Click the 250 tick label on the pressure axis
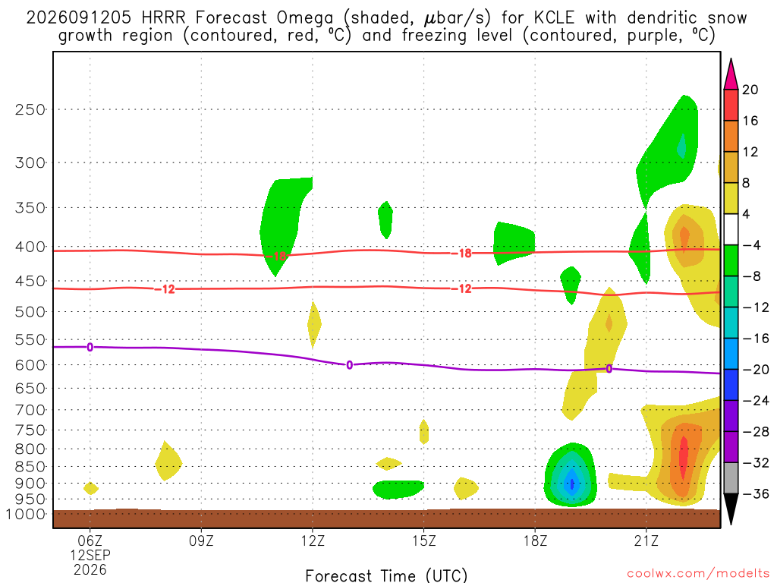click(x=30, y=109)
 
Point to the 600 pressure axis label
click(x=30, y=365)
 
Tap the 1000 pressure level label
click(x=27, y=514)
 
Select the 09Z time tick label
click(x=201, y=540)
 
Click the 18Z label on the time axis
click(x=535, y=540)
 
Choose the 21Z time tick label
click(x=646, y=540)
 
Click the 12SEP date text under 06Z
click(x=90, y=555)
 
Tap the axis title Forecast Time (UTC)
click(x=386, y=575)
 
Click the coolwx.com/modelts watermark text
click(x=698, y=574)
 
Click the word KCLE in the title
click(x=554, y=18)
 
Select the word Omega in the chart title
click(x=305, y=19)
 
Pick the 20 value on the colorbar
click(x=750, y=90)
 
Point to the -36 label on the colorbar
click(x=755, y=493)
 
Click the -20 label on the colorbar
click(x=755, y=370)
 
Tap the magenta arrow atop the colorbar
click(x=731, y=74)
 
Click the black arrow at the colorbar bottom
click(x=731, y=509)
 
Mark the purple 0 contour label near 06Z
click(x=90, y=347)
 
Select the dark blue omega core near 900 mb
click(x=572, y=484)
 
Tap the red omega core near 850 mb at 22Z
click(x=684, y=457)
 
